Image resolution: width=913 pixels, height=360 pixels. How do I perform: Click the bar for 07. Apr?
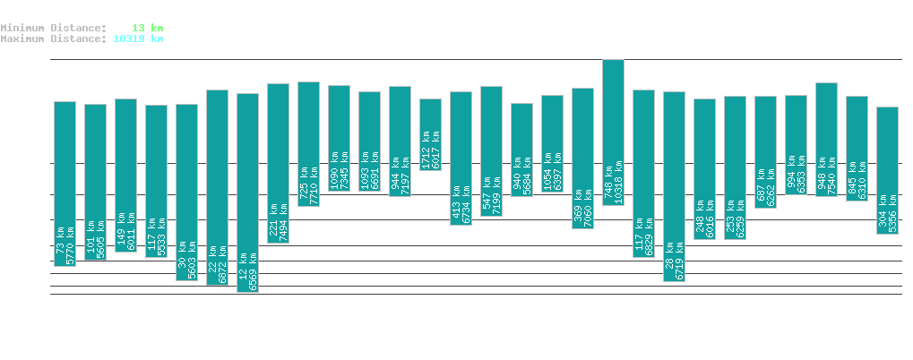613,132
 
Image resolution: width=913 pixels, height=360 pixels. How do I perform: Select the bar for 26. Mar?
247,193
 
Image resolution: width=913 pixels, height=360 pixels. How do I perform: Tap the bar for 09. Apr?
674,186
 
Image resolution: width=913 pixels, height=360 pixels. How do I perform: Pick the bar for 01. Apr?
430,134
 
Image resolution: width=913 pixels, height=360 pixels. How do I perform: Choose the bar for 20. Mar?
65,184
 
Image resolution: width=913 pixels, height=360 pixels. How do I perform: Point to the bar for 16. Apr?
887,170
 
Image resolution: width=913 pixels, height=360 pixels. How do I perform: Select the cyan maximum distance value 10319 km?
138,39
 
